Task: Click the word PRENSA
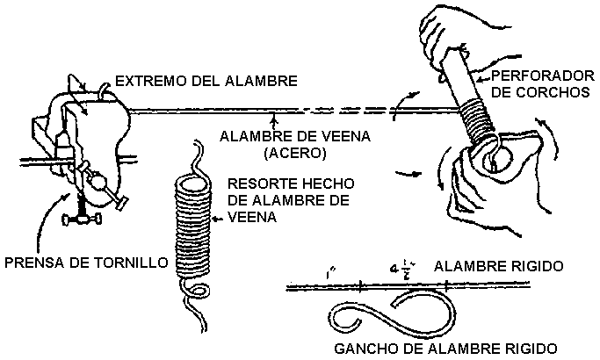coord(34,261)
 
